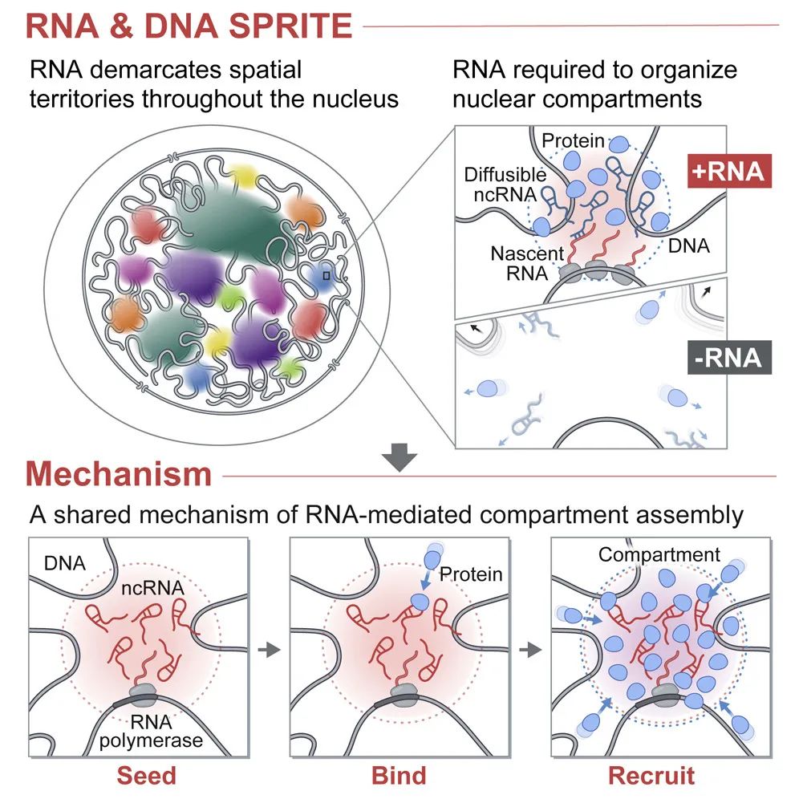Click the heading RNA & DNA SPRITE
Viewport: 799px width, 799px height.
coord(189,26)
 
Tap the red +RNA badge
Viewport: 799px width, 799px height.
coord(731,172)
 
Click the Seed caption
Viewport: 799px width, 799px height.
coord(146,776)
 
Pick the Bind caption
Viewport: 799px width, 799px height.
coord(399,776)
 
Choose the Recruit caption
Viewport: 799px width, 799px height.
coord(651,776)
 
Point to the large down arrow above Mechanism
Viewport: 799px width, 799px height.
coord(399,459)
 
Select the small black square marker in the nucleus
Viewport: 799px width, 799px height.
coord(326,275)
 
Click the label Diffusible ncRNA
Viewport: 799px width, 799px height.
coord(505,185)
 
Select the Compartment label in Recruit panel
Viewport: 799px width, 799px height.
coord(659,555)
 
